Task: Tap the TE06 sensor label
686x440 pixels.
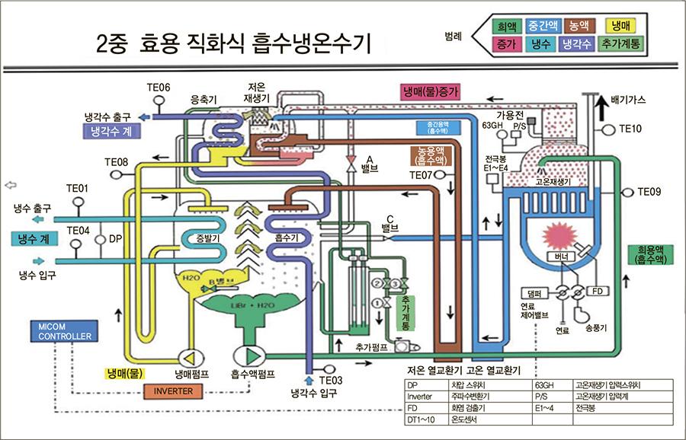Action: click(159, 88)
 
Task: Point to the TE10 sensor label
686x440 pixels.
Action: click(630, 129)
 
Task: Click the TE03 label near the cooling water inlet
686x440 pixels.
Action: click(332, 380)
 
